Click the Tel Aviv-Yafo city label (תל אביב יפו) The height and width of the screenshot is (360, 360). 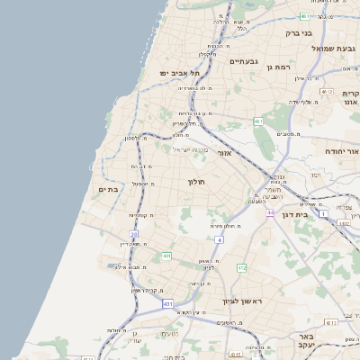[x=178, y=72]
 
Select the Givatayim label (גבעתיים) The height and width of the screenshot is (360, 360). [x=244, y=61]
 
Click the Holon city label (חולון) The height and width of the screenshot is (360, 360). [x=197, y=182]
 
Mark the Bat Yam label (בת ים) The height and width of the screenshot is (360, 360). [x=108, y=189]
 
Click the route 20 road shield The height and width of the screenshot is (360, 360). [x=133, y=234]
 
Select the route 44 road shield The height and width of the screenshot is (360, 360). [x=269, y=212]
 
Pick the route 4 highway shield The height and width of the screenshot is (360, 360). [x=220, y=239]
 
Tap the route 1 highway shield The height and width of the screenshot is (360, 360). [x=321, y=212]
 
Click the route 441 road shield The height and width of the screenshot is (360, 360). [x=166, y=256]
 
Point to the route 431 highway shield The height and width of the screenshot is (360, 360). [x=167, y=304]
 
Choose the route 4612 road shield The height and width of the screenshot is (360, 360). [x=326, y=92]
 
